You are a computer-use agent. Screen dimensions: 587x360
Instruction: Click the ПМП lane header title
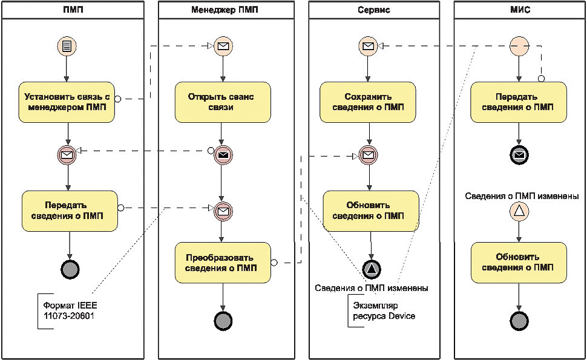pos(73,10)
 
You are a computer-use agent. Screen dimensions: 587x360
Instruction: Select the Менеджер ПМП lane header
pos(225,10)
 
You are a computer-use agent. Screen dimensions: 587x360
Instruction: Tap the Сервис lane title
pos(373,10)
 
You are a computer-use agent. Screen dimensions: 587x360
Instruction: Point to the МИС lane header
pos(520,10)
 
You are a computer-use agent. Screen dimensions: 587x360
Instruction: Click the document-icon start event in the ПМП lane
pos(67,46)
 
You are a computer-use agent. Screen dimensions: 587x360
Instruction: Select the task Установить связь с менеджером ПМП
pos(67,102)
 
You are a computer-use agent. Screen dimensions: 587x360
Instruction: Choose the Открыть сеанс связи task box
pos(223,102)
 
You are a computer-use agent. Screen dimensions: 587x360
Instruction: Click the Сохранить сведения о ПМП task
pos(367,102)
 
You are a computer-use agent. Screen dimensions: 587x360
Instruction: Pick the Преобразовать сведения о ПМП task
pos(223,263)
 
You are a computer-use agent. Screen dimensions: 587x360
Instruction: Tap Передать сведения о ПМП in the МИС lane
pos(519,102)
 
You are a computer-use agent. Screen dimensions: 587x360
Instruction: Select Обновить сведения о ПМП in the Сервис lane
pos(370,211)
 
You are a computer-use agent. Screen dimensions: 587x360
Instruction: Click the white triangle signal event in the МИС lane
pos(519,211)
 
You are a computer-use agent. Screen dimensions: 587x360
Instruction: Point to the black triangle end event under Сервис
pos(372,269)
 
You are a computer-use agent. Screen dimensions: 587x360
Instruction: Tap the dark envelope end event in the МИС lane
pos(519,154)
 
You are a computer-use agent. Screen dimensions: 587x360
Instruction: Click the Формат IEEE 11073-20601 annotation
pos(70,310)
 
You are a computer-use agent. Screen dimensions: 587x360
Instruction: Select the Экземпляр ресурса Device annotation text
pos(384,310)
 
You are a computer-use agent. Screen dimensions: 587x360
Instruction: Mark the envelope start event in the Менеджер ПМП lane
pos(223,46)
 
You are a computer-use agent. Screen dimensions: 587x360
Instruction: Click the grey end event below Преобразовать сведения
pos(223,321)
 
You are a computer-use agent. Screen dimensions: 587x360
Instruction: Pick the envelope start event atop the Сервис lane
pos(369,46)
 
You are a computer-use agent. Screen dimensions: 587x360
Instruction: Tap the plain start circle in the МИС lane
pos(519,46)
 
